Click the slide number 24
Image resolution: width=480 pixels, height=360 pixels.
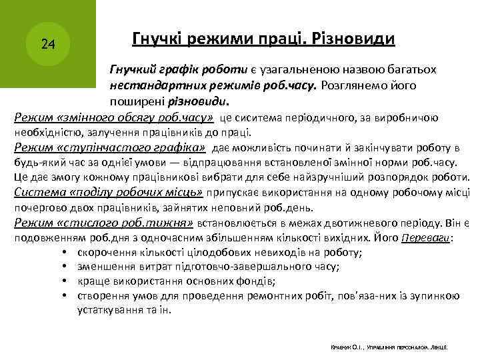click(47, 45)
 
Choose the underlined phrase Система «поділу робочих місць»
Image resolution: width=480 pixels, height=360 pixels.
click(109, 193)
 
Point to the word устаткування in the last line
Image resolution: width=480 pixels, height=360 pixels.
click(107, 310)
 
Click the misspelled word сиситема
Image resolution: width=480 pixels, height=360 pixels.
click(267, 119)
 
